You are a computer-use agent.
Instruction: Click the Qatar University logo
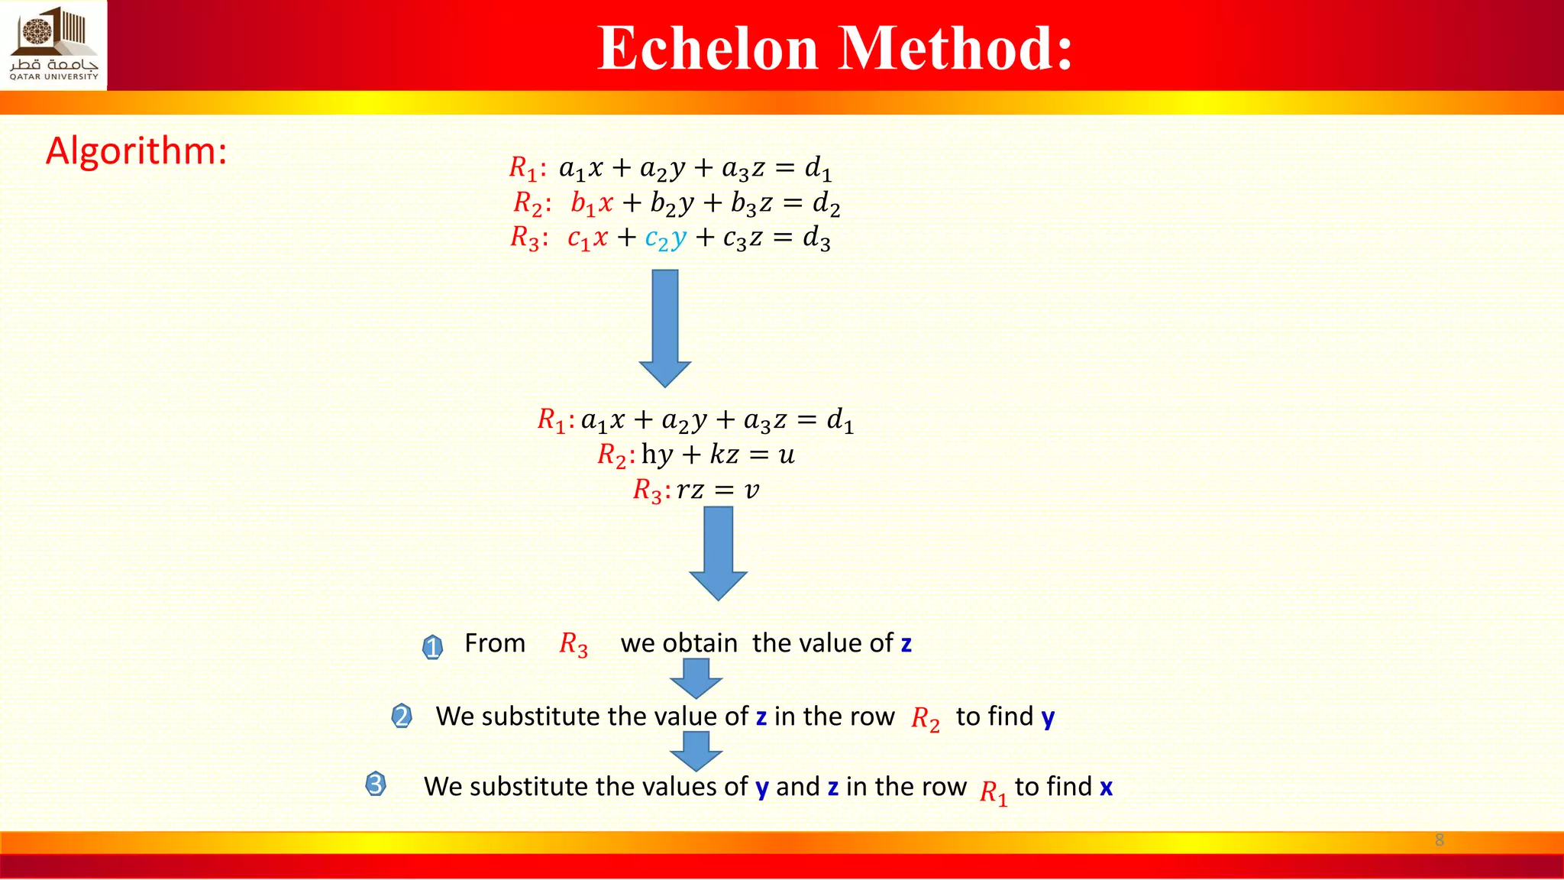[x=53, y=44]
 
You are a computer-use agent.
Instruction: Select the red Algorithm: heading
[x=137, y=150]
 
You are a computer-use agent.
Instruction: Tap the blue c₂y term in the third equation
[x=665, y=238]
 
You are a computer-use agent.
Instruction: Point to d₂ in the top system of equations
[x=826, y=203]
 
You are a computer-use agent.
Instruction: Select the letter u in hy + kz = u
[x=787, y=455]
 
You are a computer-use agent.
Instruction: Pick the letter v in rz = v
[x=752, y=490]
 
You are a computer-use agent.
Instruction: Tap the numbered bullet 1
[x=432, y=647]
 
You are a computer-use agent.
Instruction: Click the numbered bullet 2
[x=402, y=717]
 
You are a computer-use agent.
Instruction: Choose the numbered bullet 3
[x=376, y=784]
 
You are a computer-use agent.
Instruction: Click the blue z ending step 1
[x=906, y=644]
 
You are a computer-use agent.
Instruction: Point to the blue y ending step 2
[x=1048, y=717]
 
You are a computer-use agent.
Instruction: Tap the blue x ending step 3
[x=1106, y=788]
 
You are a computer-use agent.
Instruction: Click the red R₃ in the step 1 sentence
[x=574, y=645]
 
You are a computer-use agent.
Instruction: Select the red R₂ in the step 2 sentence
[x=926, y=719]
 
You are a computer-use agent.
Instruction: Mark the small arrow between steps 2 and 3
[x=696, y=750]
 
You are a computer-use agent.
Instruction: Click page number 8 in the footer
[x=1440, y=840]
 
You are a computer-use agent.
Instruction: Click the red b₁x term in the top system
[x=592, y=203]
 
